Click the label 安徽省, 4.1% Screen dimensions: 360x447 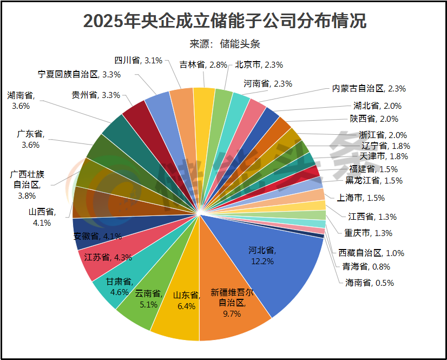pos(97,236)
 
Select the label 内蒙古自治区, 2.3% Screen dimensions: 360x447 pos(369,88)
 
